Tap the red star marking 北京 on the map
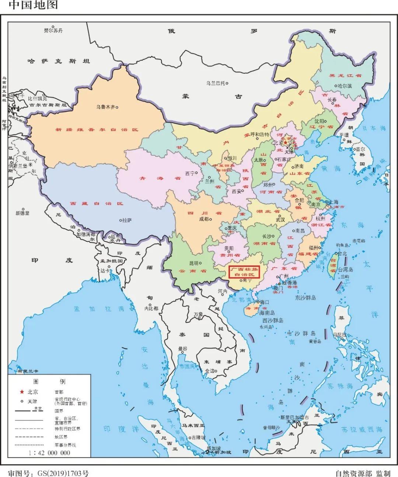tap(286, 142)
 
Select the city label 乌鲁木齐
tap(105, 107)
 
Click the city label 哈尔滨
tap(345, 86)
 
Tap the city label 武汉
tap(280, 220)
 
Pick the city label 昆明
tap(193, 263)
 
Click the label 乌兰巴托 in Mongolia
tap(216, 83)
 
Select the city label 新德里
tap(22, 213)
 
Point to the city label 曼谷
tap(183, 349)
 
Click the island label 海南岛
tap(267, 312)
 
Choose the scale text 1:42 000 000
tap(49, 453)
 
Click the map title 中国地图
tap(33, 5)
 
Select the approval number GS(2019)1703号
tap(48, 473)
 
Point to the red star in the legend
tap(22, 392)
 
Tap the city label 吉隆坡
tap(198, 438)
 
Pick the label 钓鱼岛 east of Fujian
tap(342, 245)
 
